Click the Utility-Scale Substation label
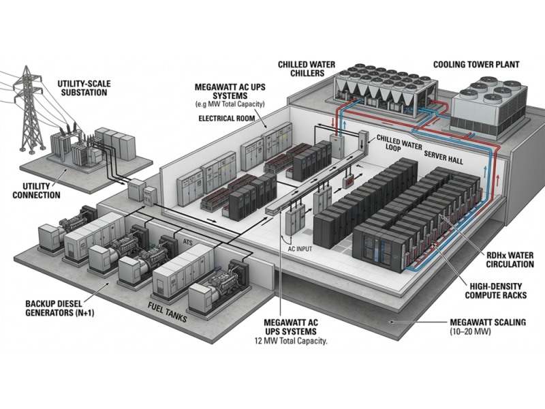coord(84,88)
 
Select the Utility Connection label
coord(36,191)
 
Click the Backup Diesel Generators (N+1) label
coord(60,308)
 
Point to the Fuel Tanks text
coord(167,312)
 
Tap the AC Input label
coord(300,249)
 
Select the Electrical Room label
coord(227,119)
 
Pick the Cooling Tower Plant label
coord(476,65)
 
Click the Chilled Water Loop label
coord(399,143)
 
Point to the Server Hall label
coord(443,157)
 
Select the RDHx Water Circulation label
coord(510,260)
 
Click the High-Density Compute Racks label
coord(496,291)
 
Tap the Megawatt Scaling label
coord(488,322)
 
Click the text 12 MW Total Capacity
coord(291,341)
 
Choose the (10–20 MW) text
coord(470,331)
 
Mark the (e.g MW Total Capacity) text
coord(230,104)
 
